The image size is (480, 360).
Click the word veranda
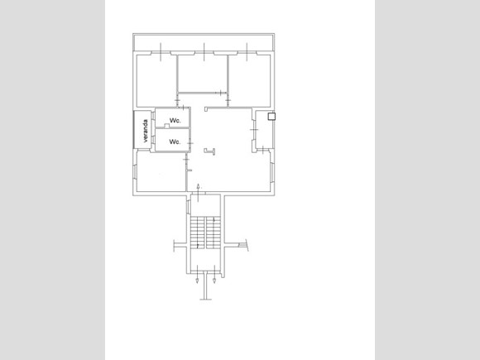pyautogui.click(x=146, y=131)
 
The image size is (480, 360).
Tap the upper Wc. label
pyautogui.click(x=175, y=120)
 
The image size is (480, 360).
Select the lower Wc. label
pyautogui.click(x=175, y=142)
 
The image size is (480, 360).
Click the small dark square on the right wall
pyautogui.click(x=271, y=117)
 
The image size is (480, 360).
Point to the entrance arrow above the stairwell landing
pyautogui.click(x=199, y=193)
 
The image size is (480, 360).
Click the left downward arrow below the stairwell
pyautogui.click(x=198, y=274)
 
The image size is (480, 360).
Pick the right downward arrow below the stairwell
pyautogui.click(x=214, y=274)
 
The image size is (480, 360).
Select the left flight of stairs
pyautogui.click(x=198, y=233)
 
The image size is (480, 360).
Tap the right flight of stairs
pyautogui.click(x=213, y=233)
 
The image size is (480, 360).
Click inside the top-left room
pyautogui.click(x=156, y=81)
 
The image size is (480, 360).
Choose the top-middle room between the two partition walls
pyautogui.click(x=203, y=74)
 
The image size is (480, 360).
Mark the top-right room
pyautogui.click(x=249, y=81)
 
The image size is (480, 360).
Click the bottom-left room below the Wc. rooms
pyautogui.click(x=161, y=171)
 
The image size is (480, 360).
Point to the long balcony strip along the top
pyautogui.click(x=204, y=42)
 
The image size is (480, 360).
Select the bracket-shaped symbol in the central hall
pyautogui.click(x=210, y=151)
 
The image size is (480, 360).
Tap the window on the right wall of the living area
pyautogui.click(x=271, y=172)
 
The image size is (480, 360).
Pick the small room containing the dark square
pyautogui.click(x=264, y=129)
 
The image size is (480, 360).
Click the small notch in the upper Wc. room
pyautogui.click(x=167, y=126)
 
